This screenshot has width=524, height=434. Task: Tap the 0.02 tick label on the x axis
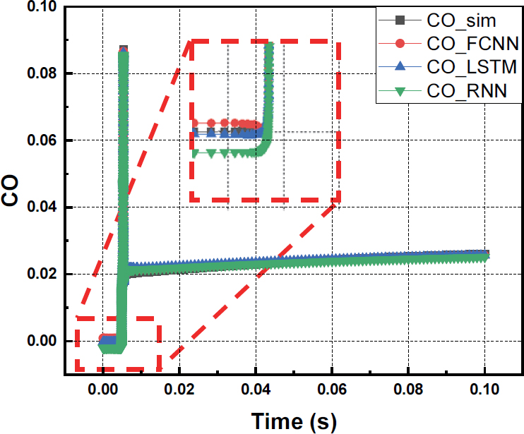pos(179,389)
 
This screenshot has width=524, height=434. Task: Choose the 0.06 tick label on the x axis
pos(332,389)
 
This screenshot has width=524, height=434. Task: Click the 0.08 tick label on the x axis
pos(408,389)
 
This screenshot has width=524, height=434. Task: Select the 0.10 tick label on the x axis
pos(484,389)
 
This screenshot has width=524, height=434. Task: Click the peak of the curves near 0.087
pos(124,49)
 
